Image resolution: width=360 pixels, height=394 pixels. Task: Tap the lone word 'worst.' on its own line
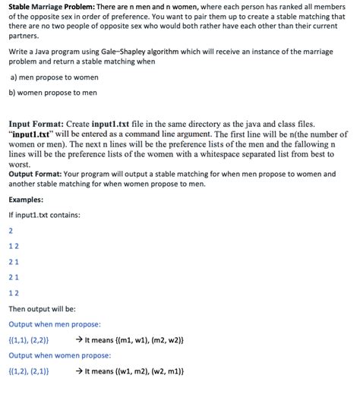21,164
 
